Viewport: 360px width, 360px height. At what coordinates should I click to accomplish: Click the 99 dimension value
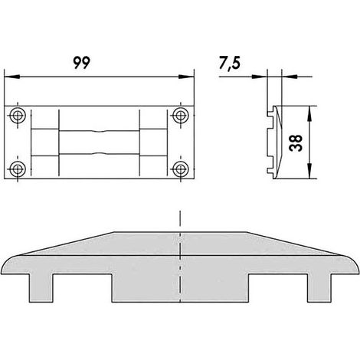coord(82,63)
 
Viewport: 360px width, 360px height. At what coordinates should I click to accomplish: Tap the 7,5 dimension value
coord(230,63)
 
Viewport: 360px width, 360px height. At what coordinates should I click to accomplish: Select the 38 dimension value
coord(296,143)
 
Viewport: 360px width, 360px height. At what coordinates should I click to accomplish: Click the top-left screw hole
coord(18,116)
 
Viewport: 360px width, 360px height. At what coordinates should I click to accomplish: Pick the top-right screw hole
coord(181,116)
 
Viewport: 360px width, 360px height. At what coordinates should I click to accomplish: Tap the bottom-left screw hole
coord(18,169)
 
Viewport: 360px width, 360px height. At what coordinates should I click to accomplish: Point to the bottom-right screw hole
coord(181,169)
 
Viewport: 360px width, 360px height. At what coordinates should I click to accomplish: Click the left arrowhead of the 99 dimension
coord(12,77)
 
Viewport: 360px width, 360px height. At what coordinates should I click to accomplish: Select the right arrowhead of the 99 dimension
coord(186,77)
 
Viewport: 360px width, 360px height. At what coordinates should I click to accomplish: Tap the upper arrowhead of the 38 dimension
coord(309,113)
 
